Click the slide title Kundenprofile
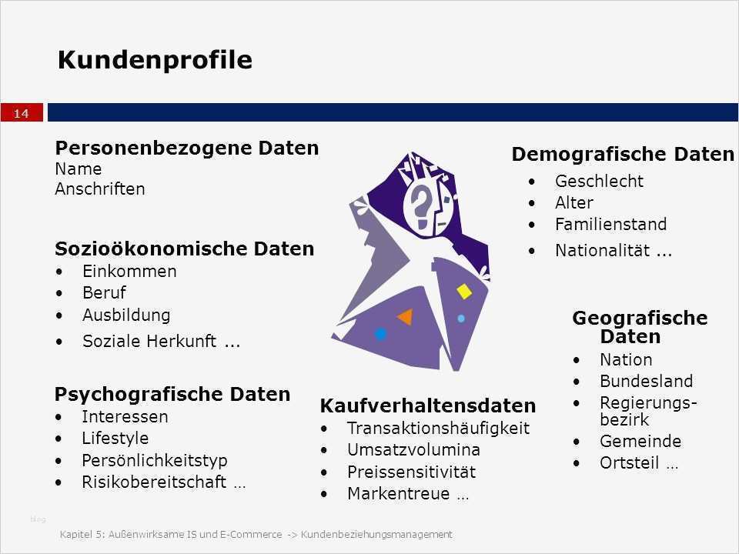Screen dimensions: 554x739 pyautogui.click(x=155, y=60)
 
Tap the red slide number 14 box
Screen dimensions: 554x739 pyautogui.click(x=21, y=114)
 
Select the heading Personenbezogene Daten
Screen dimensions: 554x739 pyautogui.click(x=186, y=148)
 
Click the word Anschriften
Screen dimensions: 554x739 pyautogui.click(x=99, y=189)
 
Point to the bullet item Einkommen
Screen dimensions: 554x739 pyautogui.click(x=129, y=271)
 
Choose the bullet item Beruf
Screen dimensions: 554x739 pyautogui.click(x=104, y=292)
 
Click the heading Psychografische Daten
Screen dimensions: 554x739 pyautogui.click(x=172, y=395)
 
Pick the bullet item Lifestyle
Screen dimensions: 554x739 pyautogui.click(x=115, y=438)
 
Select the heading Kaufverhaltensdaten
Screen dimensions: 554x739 pyautogui.click(x=427, y=405)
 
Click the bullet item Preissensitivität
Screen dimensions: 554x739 pyautogui.click(x=411, y=472)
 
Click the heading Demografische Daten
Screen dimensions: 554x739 pyautogui.click(x=623, y=155)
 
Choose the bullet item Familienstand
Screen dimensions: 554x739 pyautogui.click(x=610, y=225)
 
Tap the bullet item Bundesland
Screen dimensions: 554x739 pyautogui.click(x=646, y=381)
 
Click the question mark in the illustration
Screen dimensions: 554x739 pyautogui.click(x=422, y=203)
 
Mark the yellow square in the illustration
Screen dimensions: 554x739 pyautogui.click(x=464, y=292)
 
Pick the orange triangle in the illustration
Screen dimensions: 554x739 pyautogui.click(x=405, y=316)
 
